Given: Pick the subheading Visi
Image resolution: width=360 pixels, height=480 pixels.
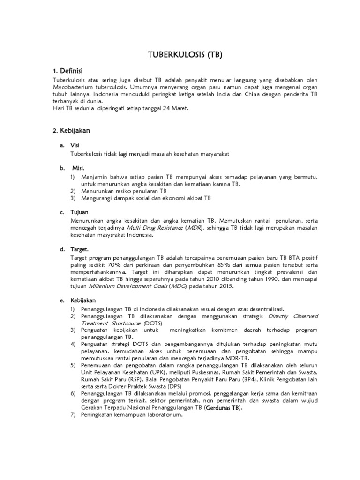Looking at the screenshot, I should click(x=75, y=145).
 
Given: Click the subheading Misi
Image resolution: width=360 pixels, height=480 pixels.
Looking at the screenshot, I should click(x=79, y=168).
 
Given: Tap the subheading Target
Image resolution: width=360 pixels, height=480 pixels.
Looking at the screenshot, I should click(x=80, y=249).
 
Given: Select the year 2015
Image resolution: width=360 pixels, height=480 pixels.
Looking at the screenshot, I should click(x=225, y=286).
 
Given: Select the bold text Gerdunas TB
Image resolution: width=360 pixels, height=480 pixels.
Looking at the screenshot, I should click(x=224, y=408).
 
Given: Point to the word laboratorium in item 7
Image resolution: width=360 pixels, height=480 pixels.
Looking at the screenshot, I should click(x=159, y=415).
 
